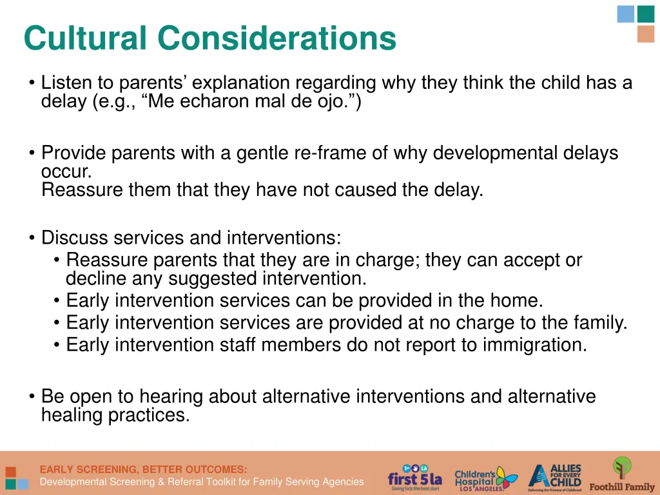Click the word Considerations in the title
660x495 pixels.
(x=277, y=38)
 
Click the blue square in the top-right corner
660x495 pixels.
(x=625, y=14)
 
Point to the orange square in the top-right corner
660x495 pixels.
(x=645, y=34)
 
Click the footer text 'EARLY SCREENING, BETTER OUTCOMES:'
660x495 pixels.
(x=143, y=469)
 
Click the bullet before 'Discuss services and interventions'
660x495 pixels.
(x=32, y=238)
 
